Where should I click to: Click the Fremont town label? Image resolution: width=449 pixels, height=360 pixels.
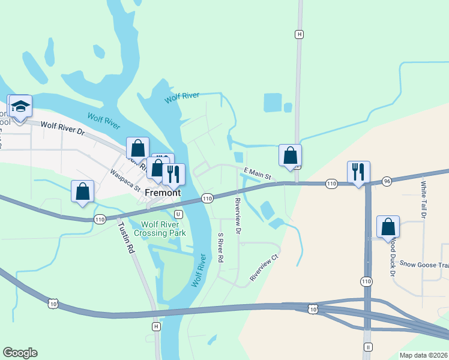coord(162,193)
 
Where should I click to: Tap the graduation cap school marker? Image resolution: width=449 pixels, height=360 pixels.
coord(20,107)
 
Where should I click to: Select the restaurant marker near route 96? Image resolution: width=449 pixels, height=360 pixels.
coord(358,172)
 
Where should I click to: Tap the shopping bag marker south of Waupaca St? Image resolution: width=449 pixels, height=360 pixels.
coord(83,191)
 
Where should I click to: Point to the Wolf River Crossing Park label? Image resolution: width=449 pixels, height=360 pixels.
coord(160,229)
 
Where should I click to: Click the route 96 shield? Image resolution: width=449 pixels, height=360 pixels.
coord(387,181)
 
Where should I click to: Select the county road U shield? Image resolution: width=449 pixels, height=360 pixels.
coord(178,214)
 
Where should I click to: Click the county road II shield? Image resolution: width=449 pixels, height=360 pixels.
coord(368,347)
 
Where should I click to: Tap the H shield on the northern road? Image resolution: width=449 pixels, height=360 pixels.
coord(299,34)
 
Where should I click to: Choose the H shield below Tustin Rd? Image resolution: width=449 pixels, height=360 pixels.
coord(156,326)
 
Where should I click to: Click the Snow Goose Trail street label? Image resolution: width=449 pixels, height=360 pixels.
coord(424,264)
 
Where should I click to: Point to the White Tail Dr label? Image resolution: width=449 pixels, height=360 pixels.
coord(424,199)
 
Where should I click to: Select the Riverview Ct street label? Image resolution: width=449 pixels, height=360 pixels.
coord(265,268)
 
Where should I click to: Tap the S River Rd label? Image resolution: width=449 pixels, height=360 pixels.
coord(221,248)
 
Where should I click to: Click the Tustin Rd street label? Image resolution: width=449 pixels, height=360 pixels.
coord(126,239)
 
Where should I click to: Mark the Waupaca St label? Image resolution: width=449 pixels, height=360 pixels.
coord(125,180)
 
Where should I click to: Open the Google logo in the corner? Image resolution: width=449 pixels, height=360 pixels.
coord(20,353)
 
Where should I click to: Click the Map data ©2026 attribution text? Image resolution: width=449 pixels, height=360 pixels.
coord(423,355)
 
